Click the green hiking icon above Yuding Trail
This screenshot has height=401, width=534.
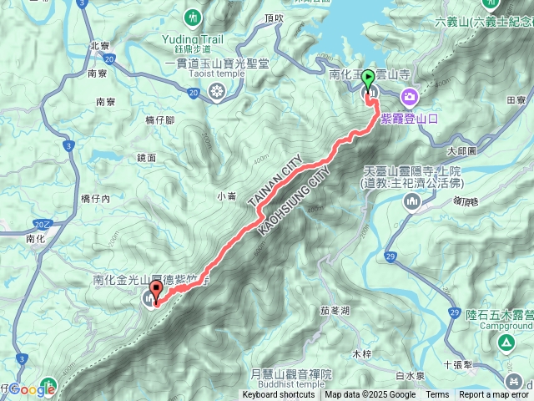point(194,17)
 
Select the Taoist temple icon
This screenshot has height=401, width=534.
point(217,90)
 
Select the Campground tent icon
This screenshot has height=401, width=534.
point(506,343)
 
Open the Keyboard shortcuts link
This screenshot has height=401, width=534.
point(279,395)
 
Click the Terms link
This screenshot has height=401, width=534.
point(437,395)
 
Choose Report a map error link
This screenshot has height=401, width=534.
point(494,395)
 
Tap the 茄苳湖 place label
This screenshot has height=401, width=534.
point(335,310)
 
